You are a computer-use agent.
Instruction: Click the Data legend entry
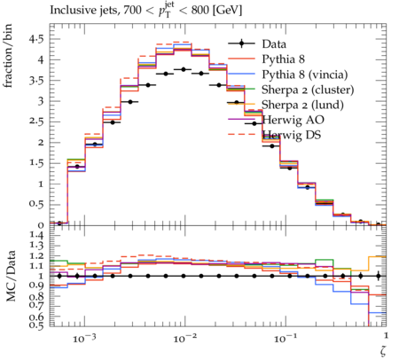click(x=274, y=44)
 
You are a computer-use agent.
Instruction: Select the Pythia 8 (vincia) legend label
click(x=305, y=74)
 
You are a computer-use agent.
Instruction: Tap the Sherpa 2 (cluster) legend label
click(x=308, y=90)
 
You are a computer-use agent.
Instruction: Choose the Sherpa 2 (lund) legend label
click(x=302, y=105)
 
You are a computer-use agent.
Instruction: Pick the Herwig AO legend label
click(x=293, y=120)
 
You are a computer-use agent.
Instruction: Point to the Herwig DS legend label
click(x=292, y=135)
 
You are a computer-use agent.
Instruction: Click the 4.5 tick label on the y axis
click(x=36, y=39)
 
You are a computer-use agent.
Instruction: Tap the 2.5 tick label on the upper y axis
click(x=36, y=121)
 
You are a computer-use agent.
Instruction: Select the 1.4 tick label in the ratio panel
click(x=36, y=236)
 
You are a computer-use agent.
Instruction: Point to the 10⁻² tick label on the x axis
click(x=184, y=338)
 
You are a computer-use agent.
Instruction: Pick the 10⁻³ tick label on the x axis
click(x=84, y=338)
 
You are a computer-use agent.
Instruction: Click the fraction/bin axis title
click(x=8, y=56)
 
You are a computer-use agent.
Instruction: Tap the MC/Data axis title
click(x=11, y=276)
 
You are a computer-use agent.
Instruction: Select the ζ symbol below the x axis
click(x=383, y=350)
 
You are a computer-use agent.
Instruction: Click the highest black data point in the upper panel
click(x=184, y=69)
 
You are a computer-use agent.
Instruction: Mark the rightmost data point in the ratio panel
click(x=378, y=276)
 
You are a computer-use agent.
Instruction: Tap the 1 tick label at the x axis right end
click(x=386, y=335)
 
